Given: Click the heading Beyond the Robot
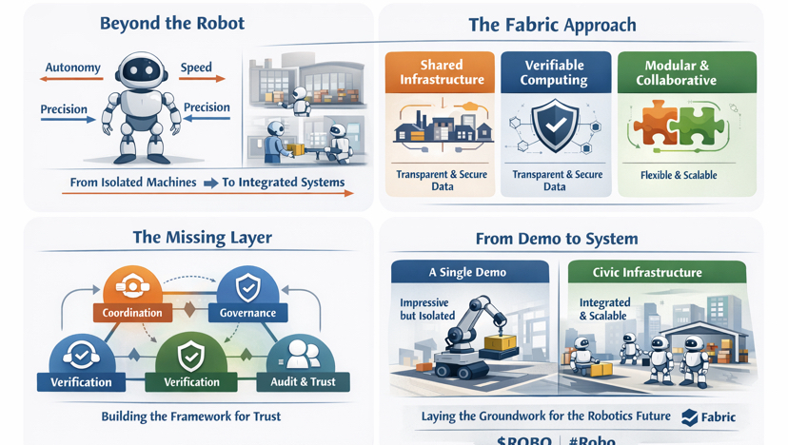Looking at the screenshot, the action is pos(171,24).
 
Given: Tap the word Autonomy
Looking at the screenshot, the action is pos(73,68).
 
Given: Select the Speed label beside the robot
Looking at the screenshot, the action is pos(196,68).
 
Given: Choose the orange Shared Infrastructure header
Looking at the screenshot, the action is pos(441,72).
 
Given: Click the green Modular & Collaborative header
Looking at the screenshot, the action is pos(676,72).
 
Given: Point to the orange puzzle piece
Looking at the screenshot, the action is pos(657,125).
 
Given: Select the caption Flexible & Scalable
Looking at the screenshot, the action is pos(680,175).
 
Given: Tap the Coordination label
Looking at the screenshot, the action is pos(132,313).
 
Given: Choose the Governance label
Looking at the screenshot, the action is pos(247,313).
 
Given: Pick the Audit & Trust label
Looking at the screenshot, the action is pos(304,382).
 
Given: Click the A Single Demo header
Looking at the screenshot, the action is pos(467,273).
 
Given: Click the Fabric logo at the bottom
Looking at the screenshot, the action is pos(709,417).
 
